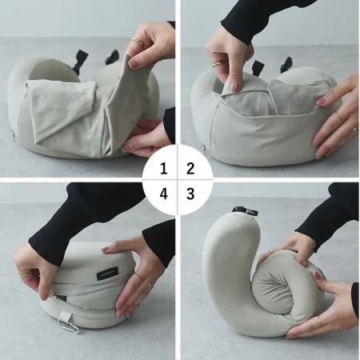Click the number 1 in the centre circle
click(x=163, y=169)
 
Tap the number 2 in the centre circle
click(x=190, y=169)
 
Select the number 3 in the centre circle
click(x=190, y=194)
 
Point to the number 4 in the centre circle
click(x=163, y=194)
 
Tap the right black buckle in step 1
click(x=111, y=57)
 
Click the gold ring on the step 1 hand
click(x=137, y=41)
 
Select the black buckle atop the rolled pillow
click(x=246, y=210)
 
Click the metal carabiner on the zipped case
click(x=69, y=326)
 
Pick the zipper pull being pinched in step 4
click(x=50, y=295)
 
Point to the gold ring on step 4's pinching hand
click(x=22, y=274)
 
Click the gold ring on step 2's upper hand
click(x=217, y=64)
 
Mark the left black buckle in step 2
click(x=258, y=66)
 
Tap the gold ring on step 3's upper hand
click(x=271, y=251)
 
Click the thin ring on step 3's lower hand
click(x=320, y=320)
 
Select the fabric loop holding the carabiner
click(x=64, y=315)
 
